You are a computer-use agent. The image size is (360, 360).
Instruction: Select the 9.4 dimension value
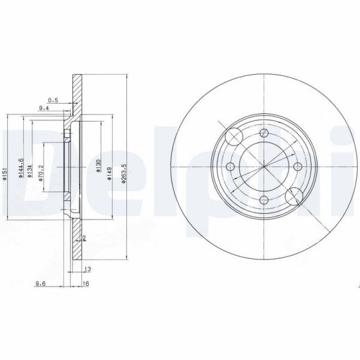click(x=44, y=108)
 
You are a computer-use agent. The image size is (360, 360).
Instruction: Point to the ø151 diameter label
click(x=4, y=169)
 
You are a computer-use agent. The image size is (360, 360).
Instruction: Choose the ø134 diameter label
click(x=29, y=170)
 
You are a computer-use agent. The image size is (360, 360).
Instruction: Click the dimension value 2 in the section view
click(x=85, y=238)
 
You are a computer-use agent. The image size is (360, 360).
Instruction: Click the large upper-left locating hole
click(x=234, y=137)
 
